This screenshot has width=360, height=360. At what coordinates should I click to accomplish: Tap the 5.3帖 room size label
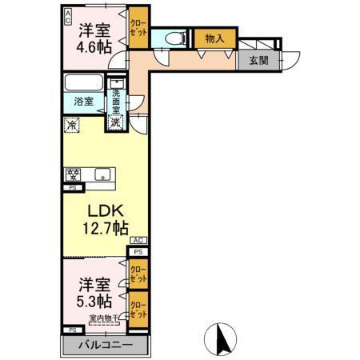(x=94, y=301)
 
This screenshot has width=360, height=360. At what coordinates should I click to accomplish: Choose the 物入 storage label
(x=214, y=38)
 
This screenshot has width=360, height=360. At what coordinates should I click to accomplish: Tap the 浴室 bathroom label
(x=84, y=102)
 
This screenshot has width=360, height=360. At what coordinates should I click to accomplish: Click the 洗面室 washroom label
(x=117, y=98)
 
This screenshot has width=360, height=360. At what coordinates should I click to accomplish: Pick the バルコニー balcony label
(x=106, y=346)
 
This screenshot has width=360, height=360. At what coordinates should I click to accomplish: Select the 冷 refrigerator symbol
(x=72, y=125)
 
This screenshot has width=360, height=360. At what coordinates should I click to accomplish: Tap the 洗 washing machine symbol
(x=117, y=123)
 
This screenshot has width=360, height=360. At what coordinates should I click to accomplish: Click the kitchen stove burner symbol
(x=73, y=174)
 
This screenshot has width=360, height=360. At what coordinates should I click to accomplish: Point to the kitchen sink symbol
(x=102, y=174)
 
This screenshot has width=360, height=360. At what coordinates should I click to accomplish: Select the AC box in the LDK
(x=137, y=240)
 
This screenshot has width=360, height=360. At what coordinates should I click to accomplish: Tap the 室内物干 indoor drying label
(x=102, y=318)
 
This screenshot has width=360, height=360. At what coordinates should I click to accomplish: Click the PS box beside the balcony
(x=72, y=330)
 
